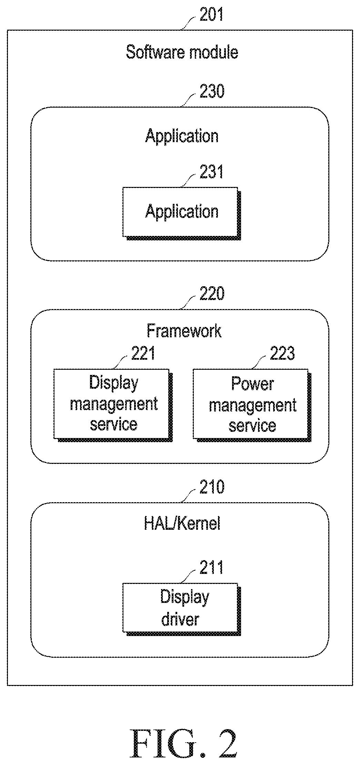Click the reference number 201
point(212,14)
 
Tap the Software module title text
point(182,52)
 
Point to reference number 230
point(212,91)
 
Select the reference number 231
point(212,171)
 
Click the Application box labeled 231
point(182,213)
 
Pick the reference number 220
point(212,294)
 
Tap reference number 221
point(143,353)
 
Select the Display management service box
point(113,405)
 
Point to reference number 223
point(282,353)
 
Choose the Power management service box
point(252,405)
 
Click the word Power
point(253,384)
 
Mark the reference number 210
point(212,487)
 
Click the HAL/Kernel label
point(182,524)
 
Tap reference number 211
point(212,567)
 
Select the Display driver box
point(182,609)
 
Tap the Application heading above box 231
point(182,137)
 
